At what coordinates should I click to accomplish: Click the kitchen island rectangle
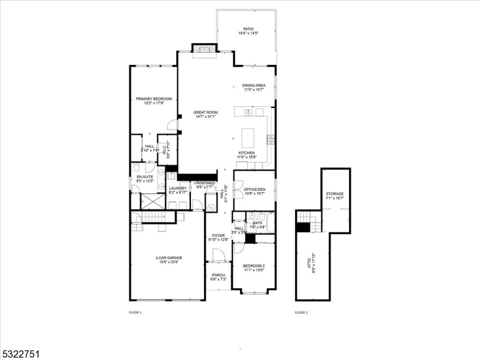(248, 137)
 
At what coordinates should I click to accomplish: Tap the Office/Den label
(254, 191)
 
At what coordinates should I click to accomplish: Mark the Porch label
(218, 277)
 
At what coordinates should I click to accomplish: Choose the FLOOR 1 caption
(136, 313)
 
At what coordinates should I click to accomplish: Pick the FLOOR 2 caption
(301, 313)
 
